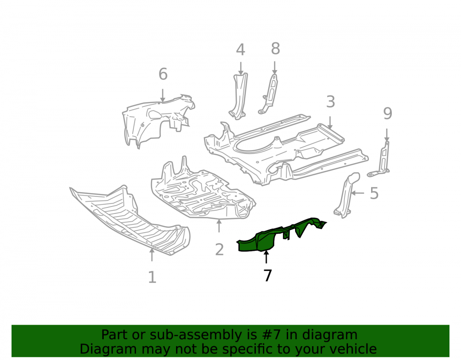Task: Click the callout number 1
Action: point(152,277)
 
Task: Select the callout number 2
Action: point(219,250)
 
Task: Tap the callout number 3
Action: point(331,102)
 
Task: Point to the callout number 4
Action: point(241,50)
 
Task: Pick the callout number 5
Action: point(374,194)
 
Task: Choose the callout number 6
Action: point(163,74)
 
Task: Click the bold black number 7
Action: point(267,276)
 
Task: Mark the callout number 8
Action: point(275,48)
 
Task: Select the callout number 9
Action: point(388,113)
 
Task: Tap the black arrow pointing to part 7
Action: point(266,257)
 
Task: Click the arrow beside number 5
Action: point(358,193)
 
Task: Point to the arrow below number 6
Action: point(162,95)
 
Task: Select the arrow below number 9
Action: point(387,135)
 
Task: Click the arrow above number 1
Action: point(152,255)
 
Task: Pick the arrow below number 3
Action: point(330,123)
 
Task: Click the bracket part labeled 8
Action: point(269,94)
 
